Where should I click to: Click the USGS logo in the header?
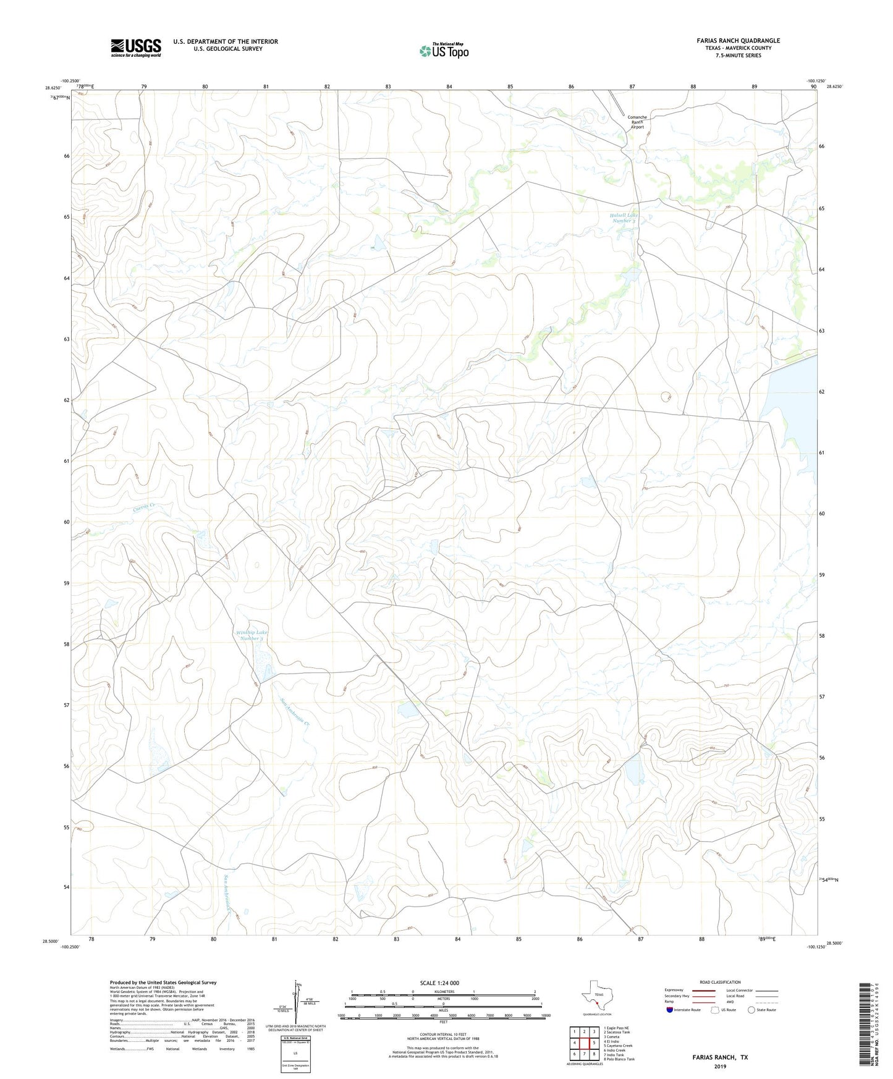[136, 48]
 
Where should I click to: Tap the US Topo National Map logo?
[443, 50]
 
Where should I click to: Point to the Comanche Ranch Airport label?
[637, 122]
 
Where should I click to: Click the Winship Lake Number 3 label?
[252, 635]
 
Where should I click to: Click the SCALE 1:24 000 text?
[439, 983]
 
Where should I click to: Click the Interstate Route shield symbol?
[670, 1010]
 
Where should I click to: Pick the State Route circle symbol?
[751, 1010]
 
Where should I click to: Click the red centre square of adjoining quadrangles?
[585, 1043]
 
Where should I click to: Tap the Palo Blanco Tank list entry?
[619, 1059]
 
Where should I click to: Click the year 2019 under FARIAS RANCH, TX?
[720, 1066]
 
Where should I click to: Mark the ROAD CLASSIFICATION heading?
[720, 982]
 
